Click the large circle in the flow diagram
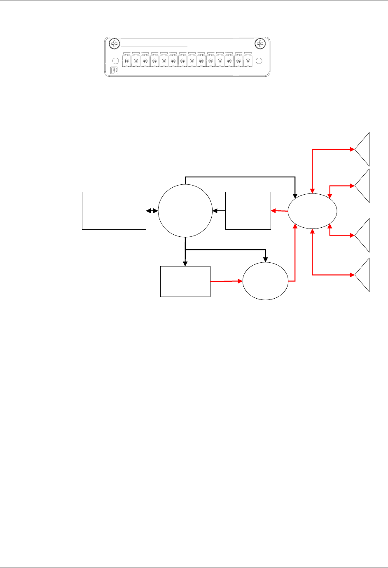pos(185,211)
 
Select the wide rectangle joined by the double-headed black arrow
pos(114,210)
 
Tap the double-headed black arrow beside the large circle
pos(152,211)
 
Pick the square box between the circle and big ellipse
pos(248,210)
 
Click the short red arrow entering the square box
pos(279,211)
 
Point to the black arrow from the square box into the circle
pos(219,211)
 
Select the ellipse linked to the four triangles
pos(312,211)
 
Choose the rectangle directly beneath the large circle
pos(185,281)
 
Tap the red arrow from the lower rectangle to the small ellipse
pos(227,281)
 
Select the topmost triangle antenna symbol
pos(362,149)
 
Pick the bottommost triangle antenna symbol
pos(362,275)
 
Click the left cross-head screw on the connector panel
pos(114,43)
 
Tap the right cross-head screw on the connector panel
pos(260,43)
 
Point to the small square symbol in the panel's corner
pos(115,71)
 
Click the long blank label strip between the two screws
pos(187,42)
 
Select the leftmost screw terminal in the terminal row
pos(126,61)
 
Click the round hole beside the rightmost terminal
pos(259,61)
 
